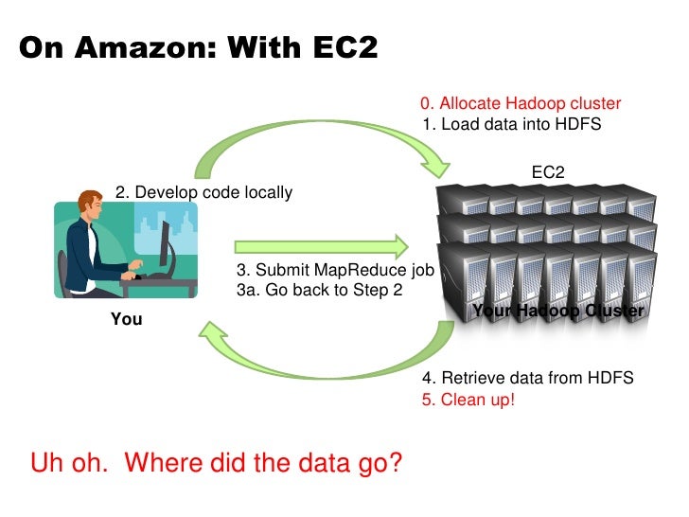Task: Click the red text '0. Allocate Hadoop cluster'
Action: pyautogui.click(x=521, y=104)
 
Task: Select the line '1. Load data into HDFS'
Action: pyautogui.click(x=511, y=124)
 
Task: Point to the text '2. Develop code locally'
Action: pyautogui.click(x=203, y=193)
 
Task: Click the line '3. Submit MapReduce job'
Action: pyautogui.click(x=334, y=270)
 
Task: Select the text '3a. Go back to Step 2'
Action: pyautogui.click(x=319, y=290)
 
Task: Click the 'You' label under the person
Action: pyautogui.click(x=126, y=319)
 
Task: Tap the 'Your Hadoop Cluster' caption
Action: pyautogui.click(x=557, y=311)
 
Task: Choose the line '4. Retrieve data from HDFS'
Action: pyautogui.click(x=527, y=379)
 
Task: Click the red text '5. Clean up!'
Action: pyautogui.click(x=468, y=399)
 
